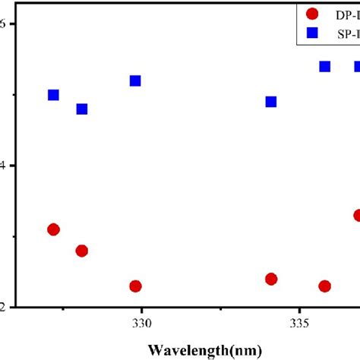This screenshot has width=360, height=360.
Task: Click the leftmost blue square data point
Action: [53, 95]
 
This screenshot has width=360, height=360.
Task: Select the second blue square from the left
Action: [82, 109]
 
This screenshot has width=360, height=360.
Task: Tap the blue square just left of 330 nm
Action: [135, 81]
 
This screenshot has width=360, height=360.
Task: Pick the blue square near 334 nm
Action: [271, 102]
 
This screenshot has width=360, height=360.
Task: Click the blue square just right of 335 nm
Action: [325, 66]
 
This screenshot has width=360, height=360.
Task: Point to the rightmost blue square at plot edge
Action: [356, 66]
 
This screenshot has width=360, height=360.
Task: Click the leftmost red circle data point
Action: [53, 229]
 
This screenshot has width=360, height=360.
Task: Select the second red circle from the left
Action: [82, 251]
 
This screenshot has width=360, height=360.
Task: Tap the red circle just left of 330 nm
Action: [135, 286]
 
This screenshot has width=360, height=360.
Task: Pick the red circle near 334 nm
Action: [271, 279]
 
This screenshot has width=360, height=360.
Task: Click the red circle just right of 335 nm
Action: [325, 286]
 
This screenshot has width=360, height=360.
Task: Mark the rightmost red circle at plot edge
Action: [356, 215]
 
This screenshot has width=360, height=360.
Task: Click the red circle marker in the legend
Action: [312, 13]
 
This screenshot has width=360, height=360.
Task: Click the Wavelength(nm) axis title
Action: [206, 350]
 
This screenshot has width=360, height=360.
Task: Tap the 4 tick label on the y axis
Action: [5, 166]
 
